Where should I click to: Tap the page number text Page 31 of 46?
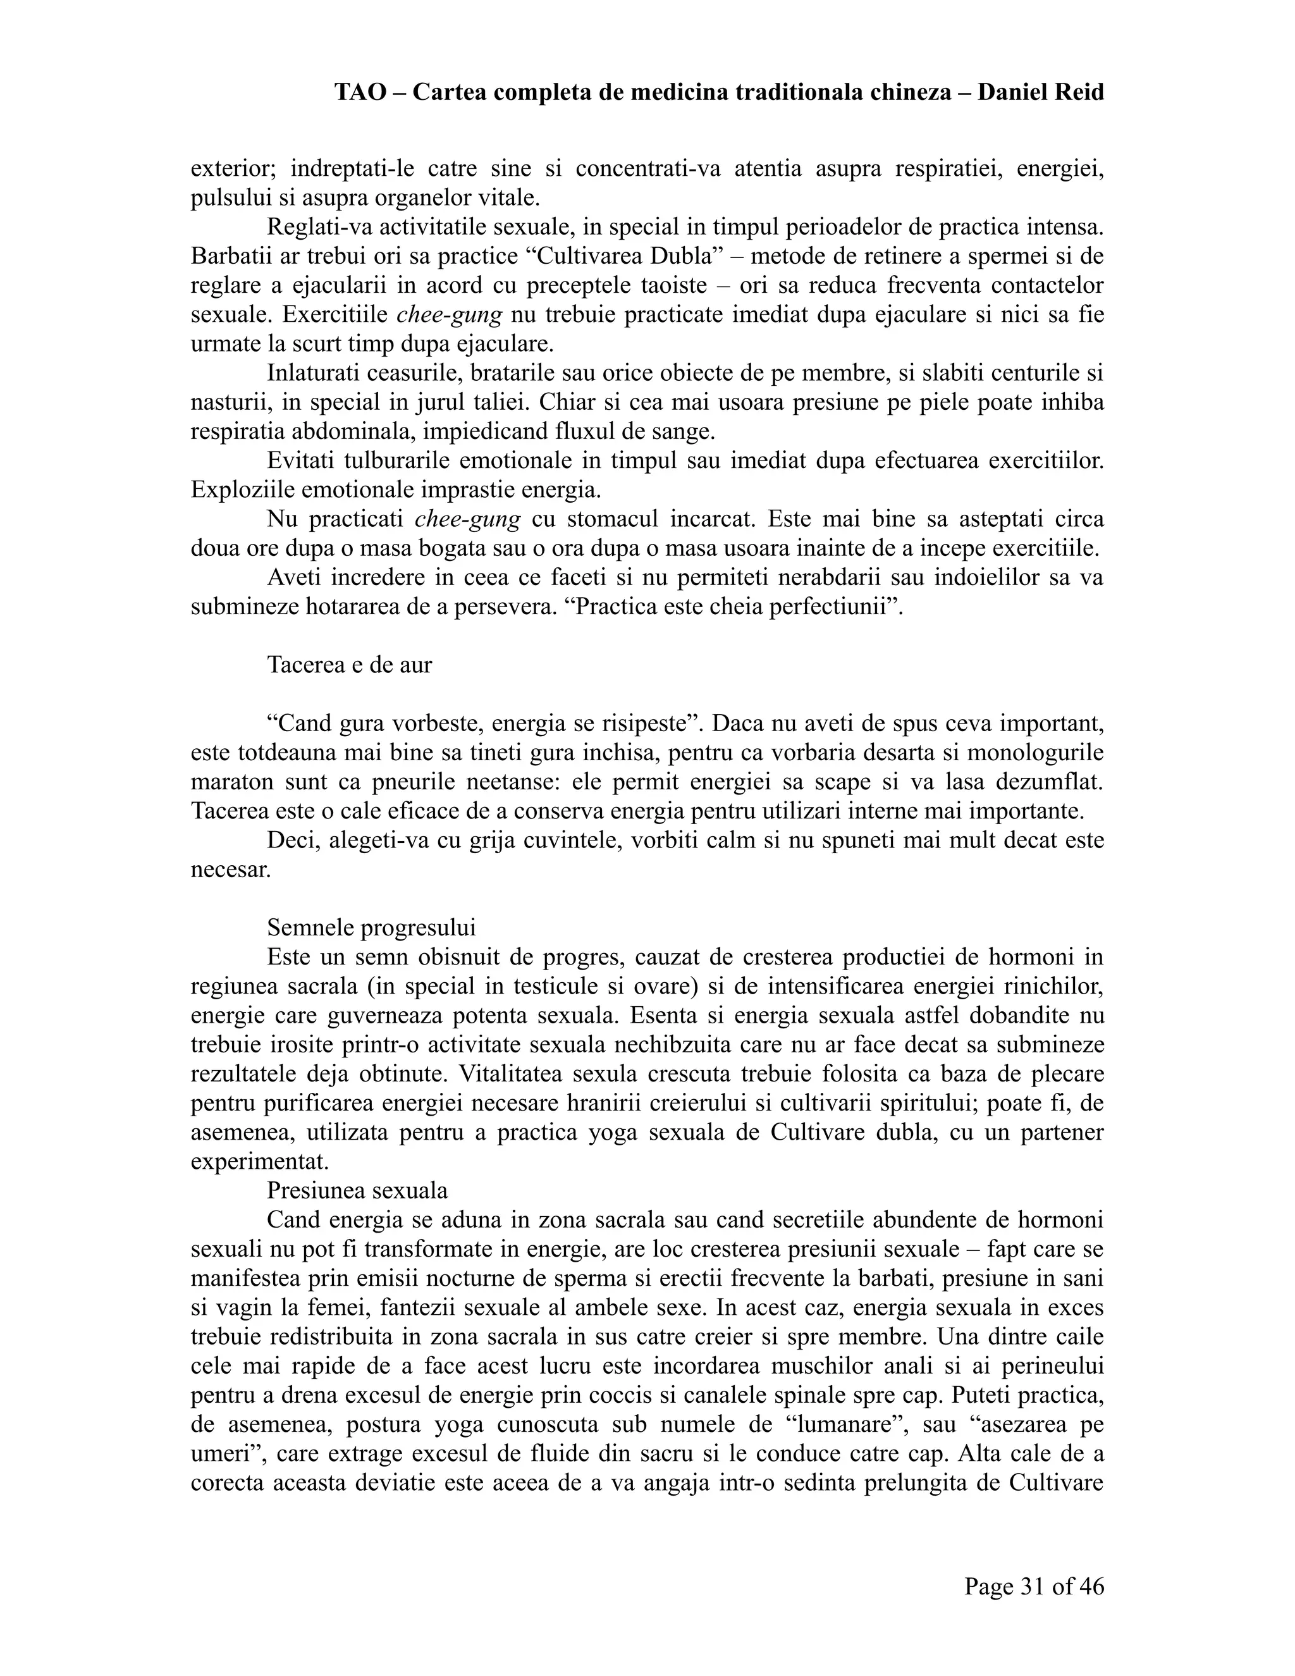(1033, 1586)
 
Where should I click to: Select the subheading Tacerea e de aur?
(349, 665)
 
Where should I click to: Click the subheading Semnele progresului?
(371, 928)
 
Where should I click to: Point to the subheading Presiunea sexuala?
(357, 1190)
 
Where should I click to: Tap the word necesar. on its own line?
(231, 870)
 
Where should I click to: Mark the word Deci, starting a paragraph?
(292, 841)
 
